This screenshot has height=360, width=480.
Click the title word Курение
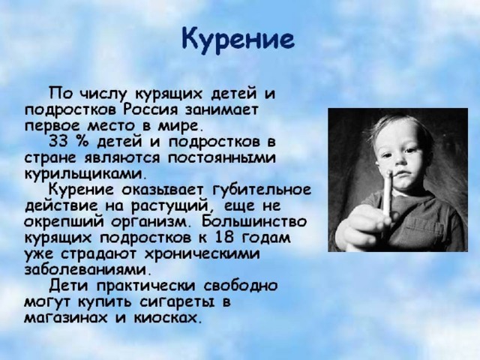pyautogui.click(x=238, y=40)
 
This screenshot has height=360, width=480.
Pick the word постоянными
pyautogui.click(x=222, y=158)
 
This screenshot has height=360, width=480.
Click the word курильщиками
pyautogui.click(x=83, y=174)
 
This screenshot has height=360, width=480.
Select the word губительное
pyautogui.click(x=262, y=190)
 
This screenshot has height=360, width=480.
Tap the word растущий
pyautogui.click(x=171, y=205)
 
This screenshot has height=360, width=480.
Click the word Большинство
pyautogui.click(x=254, y=222)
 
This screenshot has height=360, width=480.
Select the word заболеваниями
pyautogui.click(x=88, y=270)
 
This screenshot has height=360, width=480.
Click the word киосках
pyautogui.click(x=168, y=318)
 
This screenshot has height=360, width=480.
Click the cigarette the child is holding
pyautogui.click(x=388, y=193)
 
